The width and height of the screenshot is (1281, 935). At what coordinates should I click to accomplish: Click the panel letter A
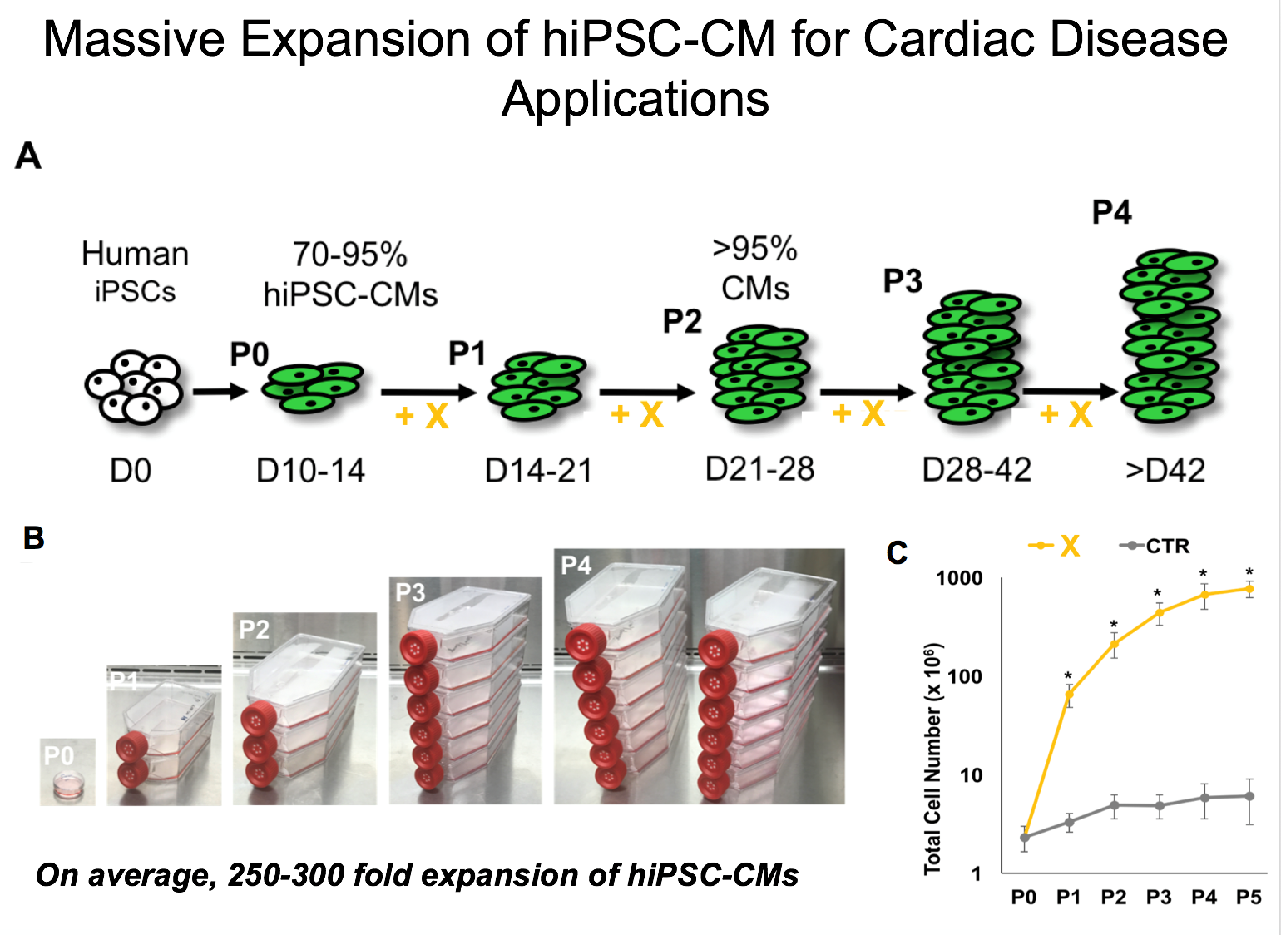[28, 156]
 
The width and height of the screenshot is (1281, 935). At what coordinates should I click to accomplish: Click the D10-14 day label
[310, 472]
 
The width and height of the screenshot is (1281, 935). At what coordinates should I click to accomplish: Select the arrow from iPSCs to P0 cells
[220, 391]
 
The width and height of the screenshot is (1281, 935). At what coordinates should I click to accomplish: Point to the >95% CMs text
[754, 268]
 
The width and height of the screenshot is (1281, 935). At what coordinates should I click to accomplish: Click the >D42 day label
[1165, 472]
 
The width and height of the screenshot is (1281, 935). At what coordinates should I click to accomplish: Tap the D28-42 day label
[977, 470]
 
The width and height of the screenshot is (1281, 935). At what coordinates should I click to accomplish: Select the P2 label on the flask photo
[254, 630]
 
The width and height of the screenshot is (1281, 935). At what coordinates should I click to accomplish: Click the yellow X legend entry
[1056, 547]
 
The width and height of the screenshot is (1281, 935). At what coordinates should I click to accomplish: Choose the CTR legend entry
[1157, 547]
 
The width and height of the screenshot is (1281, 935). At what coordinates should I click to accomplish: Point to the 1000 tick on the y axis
[959, 578]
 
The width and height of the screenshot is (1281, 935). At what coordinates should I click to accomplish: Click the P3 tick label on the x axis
[1159, 898]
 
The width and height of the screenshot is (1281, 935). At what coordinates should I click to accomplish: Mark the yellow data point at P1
[1069, 693]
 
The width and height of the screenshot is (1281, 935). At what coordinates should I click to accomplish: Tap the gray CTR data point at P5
[1249, 796]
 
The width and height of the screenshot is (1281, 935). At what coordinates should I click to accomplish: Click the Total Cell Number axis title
[933, 758]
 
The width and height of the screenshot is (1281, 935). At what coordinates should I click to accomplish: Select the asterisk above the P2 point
[1114, 625]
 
